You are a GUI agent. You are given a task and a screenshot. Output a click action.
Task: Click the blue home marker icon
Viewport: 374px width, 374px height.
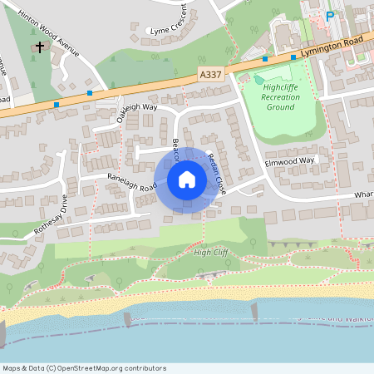[187, 180]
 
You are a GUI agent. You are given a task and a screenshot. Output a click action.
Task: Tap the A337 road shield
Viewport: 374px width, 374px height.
[211, 75]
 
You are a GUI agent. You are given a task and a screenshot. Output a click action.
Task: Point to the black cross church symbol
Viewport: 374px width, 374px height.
[40, 47]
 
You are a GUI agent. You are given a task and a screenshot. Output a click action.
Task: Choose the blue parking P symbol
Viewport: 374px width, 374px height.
[330, 15]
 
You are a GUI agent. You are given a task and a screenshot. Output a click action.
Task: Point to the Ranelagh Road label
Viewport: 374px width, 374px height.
[131, 182]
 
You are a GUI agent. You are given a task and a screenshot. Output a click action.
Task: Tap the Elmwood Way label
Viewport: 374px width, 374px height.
[290, 160]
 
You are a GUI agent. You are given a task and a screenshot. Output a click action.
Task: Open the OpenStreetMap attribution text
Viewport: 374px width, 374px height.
[83, 368]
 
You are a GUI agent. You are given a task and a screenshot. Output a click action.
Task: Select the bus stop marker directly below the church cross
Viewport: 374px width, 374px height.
[57, 105]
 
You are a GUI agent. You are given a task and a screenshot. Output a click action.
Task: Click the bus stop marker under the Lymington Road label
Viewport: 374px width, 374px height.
[293, 58]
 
